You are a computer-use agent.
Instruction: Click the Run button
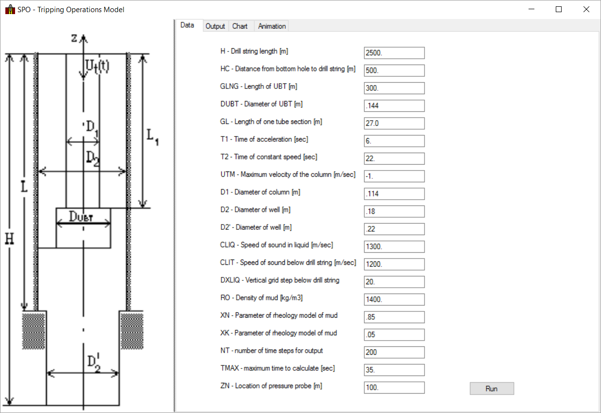tap(492, 389)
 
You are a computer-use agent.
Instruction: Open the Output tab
tap(215, 26)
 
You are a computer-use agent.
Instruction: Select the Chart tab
tap(240, 26)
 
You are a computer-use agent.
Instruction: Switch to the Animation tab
tap(272, 26)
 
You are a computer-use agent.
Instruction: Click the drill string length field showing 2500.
tap(394, 53)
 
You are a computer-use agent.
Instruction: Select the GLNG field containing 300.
tap(394, 88)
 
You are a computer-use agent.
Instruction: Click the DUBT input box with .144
tap(394, 105)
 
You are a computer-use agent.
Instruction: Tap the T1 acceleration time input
tap(394, 141)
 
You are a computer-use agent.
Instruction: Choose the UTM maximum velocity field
tap(394, 176)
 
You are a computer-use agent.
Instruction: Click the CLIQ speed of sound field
tap(394, 247)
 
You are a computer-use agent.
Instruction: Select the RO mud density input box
tap(394, 300)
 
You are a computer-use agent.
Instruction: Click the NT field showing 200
tap(394, 352)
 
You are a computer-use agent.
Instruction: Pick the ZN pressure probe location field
tap(394, 388)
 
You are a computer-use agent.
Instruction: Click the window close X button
tap(586, 9)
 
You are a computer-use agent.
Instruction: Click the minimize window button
tap(531, 9)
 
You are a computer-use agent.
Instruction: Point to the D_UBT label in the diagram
tap(81, 216)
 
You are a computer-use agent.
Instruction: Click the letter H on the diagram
tap(9, 239)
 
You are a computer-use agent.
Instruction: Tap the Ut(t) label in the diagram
tap(97, 66)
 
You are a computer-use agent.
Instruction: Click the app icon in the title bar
tap(10, 10)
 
